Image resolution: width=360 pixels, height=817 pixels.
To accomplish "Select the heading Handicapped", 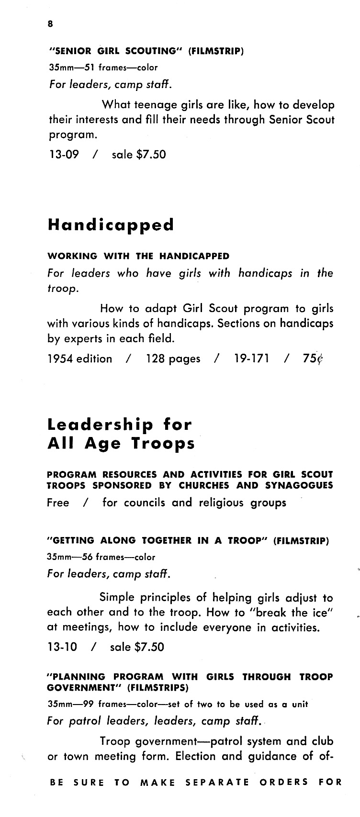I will (111, 224).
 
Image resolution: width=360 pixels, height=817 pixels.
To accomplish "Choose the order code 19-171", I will (251, 358).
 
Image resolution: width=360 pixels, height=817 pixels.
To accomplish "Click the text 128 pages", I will (173, 358).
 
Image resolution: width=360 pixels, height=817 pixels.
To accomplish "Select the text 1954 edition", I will (79, 358).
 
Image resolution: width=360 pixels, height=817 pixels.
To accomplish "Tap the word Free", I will (58, 503).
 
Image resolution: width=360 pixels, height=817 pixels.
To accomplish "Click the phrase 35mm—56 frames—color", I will (101, 557).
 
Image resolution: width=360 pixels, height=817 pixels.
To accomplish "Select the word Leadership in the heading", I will (101, 425).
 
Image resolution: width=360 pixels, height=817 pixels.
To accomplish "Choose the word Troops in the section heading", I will (164, 444).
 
